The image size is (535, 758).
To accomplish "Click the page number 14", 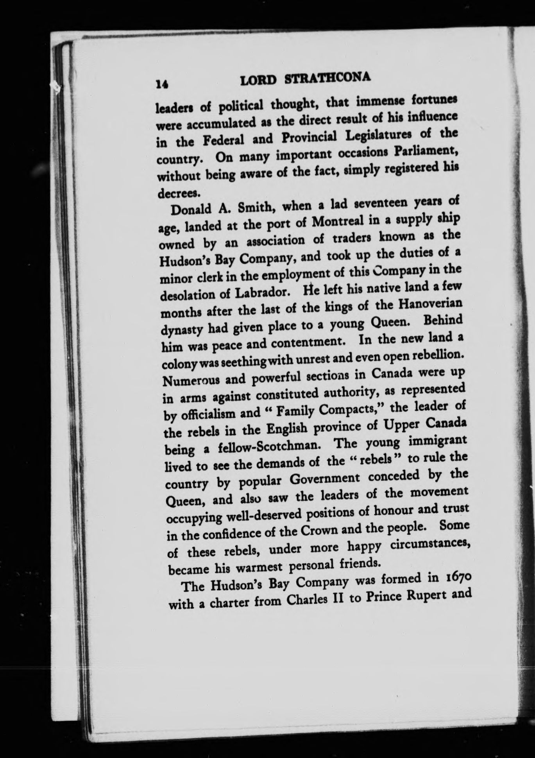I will pos(161,84).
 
